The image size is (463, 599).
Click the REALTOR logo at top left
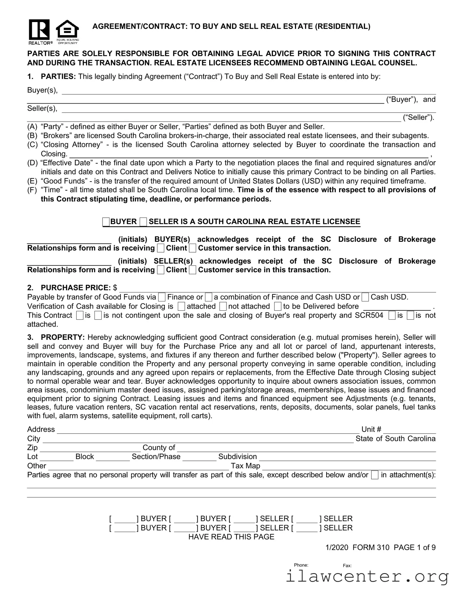pos(39,31)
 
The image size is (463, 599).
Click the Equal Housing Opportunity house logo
pos(67,30)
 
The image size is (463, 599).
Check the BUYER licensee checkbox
pos(106,222)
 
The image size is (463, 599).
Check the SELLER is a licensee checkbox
pos(143,222)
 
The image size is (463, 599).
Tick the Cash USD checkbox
pos(366,297)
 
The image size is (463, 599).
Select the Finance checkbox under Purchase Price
pos(162,297)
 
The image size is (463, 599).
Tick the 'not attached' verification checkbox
pos(223,306)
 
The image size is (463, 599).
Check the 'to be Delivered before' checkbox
pos(278,306)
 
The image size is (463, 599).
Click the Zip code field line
pos(90,449)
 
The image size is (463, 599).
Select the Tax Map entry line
pos(349,467)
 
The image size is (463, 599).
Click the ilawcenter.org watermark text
pos(367,576)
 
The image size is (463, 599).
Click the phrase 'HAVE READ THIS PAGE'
pos(231,537)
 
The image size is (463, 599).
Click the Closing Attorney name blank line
pos(249,155)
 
